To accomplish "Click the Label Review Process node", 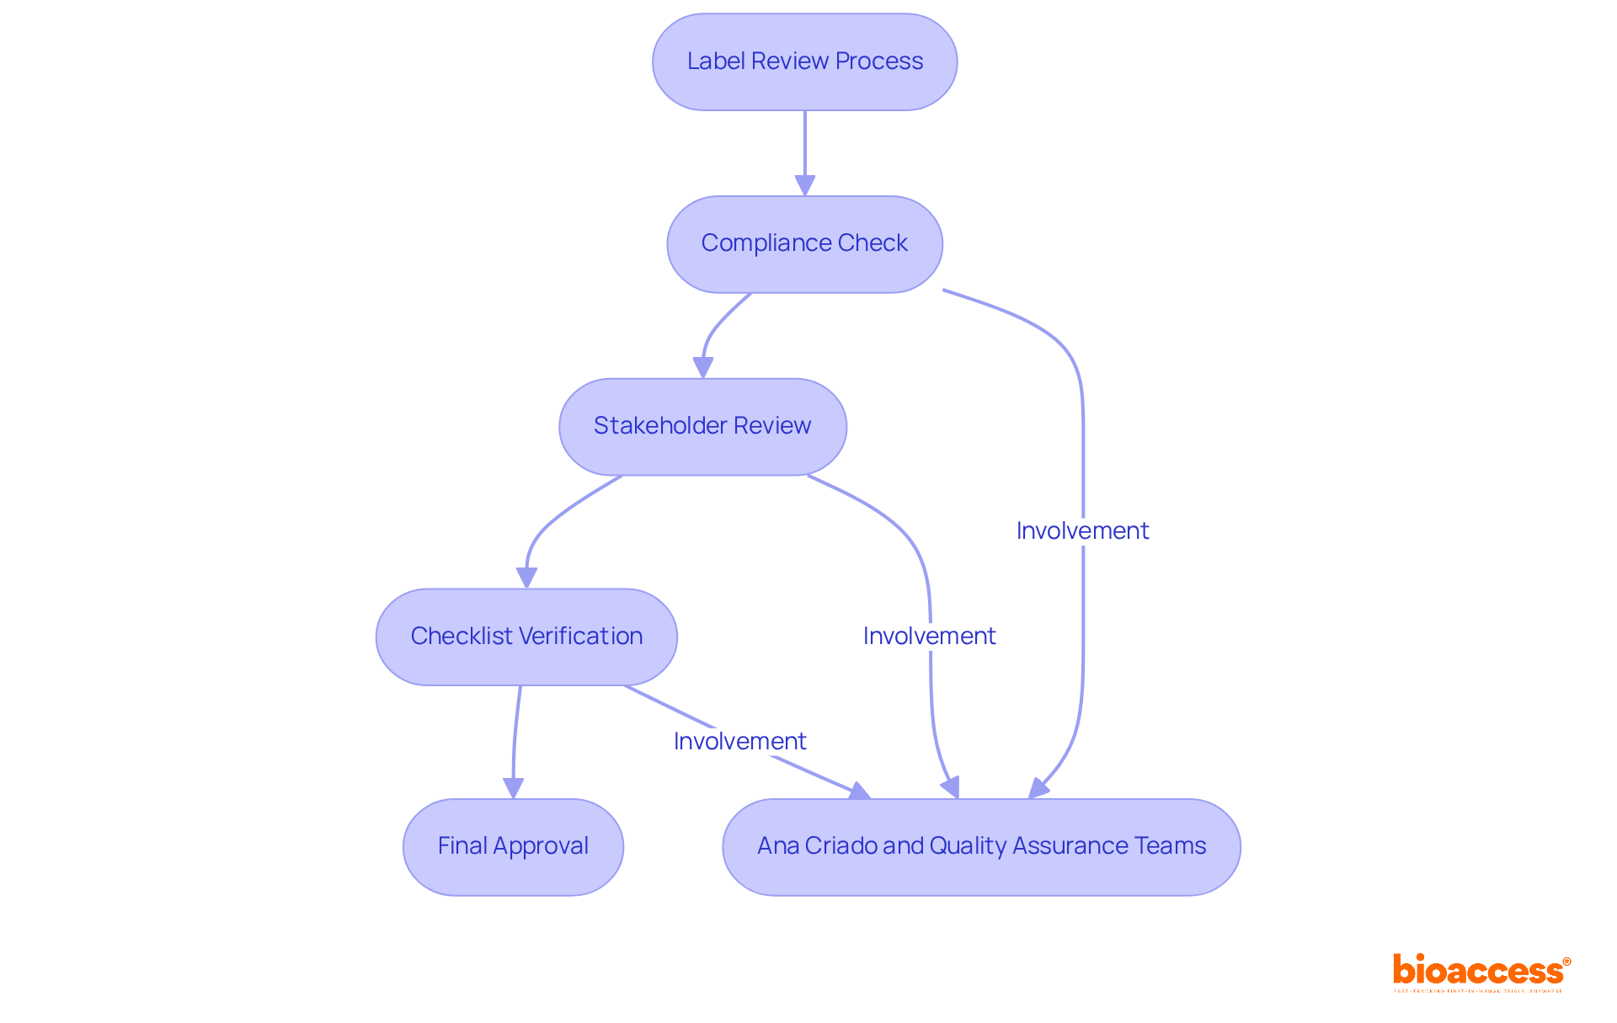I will [x=804, y=61].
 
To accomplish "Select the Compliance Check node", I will [x=804, y=244].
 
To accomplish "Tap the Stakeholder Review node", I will [x=702, y=426].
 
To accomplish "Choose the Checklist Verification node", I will [x=526, y=637].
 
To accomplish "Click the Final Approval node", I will [x=513, y=846].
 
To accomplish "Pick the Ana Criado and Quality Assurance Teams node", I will [x=981, y=846].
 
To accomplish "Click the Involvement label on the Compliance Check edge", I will [x=1082, y=530].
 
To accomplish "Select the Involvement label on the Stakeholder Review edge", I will [x=929, y=636].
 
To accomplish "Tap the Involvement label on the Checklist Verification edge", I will [x=739, y=741].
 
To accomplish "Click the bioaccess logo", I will [x=1481, y=972].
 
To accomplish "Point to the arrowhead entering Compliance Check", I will [x=805, y=185].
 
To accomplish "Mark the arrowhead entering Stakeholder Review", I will [x=703, y=367].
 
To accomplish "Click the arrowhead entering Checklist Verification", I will [x=526, y=578].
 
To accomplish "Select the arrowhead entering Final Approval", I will [x=513, y=788].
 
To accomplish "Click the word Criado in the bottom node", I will [x=841, y=845].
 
